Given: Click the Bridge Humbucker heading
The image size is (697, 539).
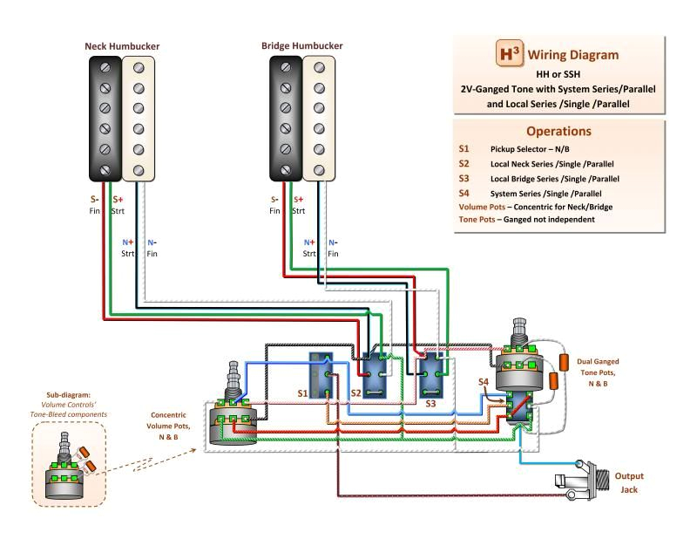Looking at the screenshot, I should pyautogui.click(x=302, y=45).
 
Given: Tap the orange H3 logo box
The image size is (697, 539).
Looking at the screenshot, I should pyautogui.click(x=508, y=53).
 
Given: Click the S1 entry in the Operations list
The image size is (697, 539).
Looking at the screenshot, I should pyautogui.click(x=464, y=149).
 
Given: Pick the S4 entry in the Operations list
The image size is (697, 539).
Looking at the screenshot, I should pyautogui.click(x=464, y=193).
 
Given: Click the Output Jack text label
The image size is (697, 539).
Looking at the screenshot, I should pyautogui.click(x=629, y=482).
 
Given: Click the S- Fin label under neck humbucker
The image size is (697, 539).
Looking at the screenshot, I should pyautogui.click(x=95, y=205).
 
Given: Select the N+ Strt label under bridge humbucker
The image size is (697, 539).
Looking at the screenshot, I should pyautogui.click(x=310, y=248).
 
